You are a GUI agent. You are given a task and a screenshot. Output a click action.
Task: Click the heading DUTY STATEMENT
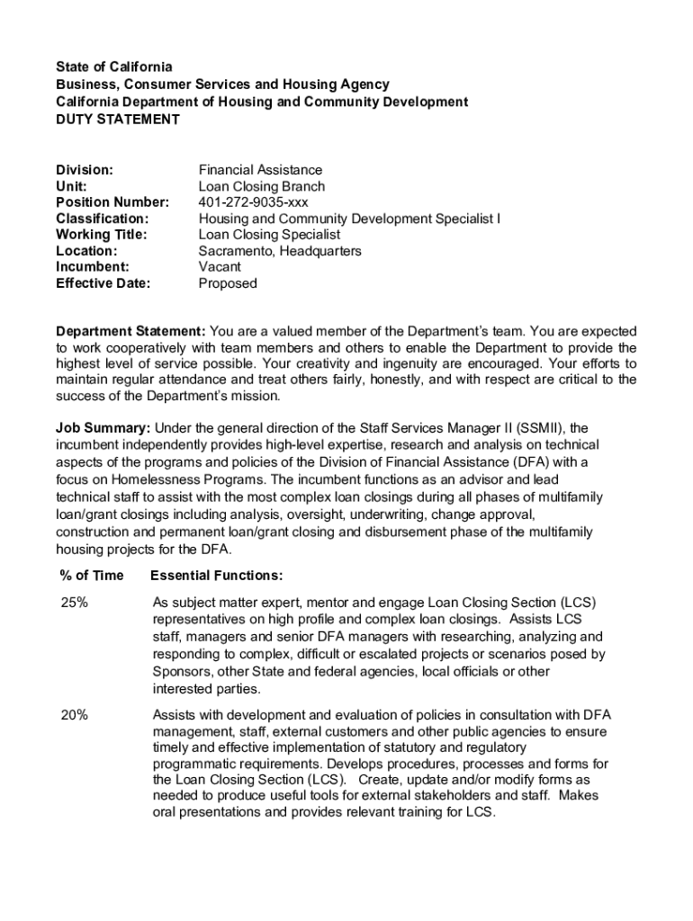click(118, 119)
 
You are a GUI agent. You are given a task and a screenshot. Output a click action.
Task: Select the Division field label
click(85, 170)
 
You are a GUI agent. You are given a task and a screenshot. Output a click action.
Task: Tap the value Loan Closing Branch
click(261, 186)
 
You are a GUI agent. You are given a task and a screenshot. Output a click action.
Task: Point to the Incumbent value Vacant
click(220, 267)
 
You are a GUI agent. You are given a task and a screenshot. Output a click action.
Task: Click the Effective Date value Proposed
click(228, 283)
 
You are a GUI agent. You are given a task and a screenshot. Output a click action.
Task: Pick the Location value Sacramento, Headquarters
click(279, 251)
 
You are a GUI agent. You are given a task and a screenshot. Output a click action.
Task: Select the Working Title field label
click(101, 235)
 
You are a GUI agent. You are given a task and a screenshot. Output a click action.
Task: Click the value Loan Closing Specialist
click(269, 235)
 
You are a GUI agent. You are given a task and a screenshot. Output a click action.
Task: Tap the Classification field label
click(103, 219)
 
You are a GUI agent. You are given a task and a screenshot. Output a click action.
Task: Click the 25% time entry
click(74, 603)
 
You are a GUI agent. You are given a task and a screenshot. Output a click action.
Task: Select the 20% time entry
click(74, 715)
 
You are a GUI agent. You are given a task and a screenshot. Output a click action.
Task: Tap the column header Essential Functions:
click(216, 576)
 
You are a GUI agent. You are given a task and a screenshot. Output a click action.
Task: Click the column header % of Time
click(91, 576)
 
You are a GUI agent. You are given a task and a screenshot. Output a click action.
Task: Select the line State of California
click(113, 67)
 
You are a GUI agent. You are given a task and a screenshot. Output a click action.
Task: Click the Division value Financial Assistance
click(260, 170)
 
